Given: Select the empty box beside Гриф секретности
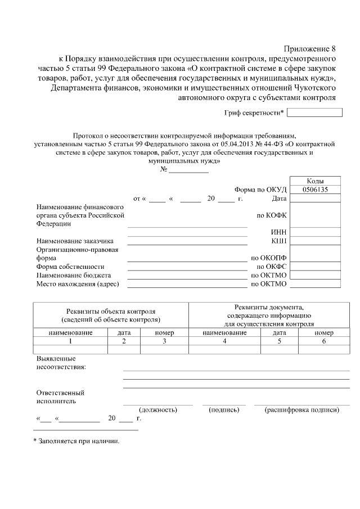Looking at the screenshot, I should click(x=314, y=112).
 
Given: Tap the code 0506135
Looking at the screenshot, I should click(x=314, y=190).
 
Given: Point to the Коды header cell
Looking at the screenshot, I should click(x=314, y=181).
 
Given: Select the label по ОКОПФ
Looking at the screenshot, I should click(x=269, y=258).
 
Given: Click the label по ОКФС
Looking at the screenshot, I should click(x=272, y=267).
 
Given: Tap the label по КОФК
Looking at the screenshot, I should click(x=272, y=215).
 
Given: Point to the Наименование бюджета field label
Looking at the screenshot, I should click(x=73, y=276).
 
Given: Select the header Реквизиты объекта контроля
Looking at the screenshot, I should click(x=111, y=315).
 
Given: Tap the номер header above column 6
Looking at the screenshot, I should click(x=323, y=333).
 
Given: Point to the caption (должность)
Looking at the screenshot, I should click(x=158, y=410).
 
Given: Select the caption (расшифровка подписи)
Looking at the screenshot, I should click(x=301, y=410).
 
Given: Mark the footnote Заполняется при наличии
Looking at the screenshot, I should click(x=76, y=440).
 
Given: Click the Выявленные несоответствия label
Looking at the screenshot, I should click(x=61, y=363).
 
